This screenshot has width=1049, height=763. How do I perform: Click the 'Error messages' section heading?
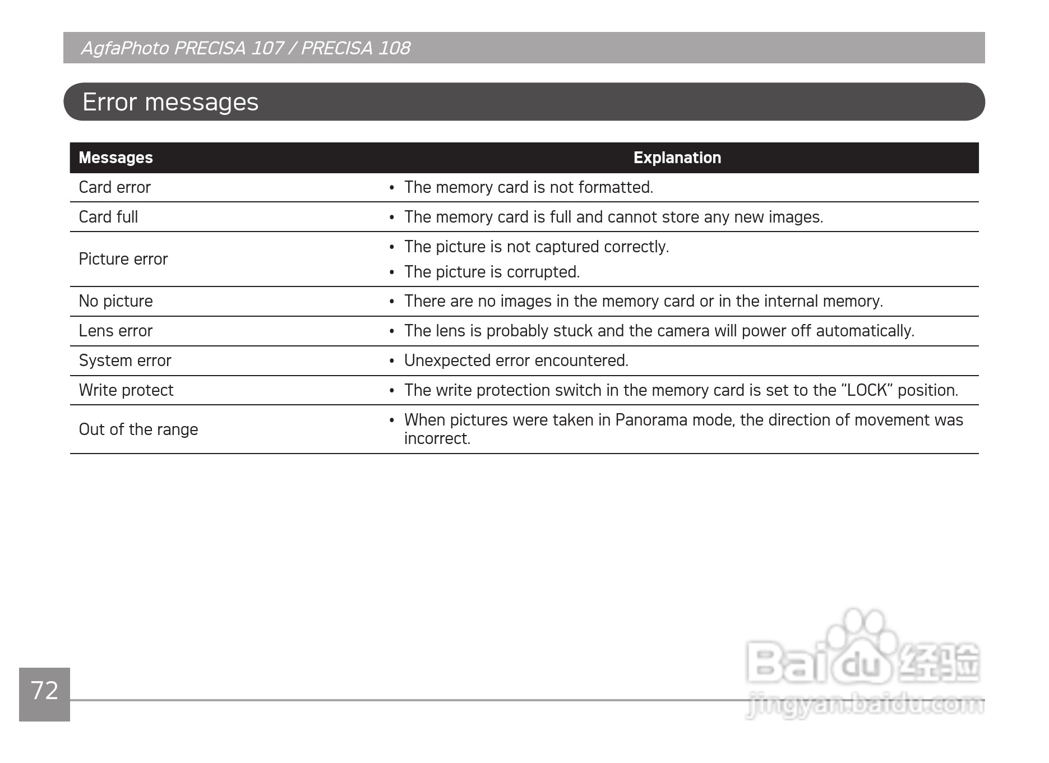click(x=170, y=102)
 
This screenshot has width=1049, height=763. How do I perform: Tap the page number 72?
click(x=44, y=691)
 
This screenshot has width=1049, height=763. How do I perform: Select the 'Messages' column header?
click(x=115, y=158)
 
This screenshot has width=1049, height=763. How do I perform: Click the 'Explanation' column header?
click(x=677, y=158)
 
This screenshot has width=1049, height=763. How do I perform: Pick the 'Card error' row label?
click(x=114, y=187)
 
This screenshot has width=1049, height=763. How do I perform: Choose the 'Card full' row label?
click(x=108, y=217)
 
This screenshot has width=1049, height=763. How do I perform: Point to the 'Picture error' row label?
click(x=123, y=259)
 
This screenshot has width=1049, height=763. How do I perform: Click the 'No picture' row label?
click(x=115, y=301)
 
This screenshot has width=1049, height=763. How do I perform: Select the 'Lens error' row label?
click(x=115, y=331)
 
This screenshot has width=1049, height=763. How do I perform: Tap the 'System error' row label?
click(x=125, y=360)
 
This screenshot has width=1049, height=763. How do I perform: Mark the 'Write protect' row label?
click(x=126, y=390)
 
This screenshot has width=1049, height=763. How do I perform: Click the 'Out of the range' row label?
click(x=138, y=429)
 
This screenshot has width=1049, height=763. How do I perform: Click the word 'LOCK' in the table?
click(x=867, y=390)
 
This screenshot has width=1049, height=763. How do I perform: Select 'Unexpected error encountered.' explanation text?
click(x=516, y=360)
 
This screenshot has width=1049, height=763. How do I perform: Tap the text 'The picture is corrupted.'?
click(x=492, y=272)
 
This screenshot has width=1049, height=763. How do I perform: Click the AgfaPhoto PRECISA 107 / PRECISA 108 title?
click(x=246, y=48)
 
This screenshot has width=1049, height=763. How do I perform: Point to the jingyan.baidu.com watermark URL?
click(x=865, y=705)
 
